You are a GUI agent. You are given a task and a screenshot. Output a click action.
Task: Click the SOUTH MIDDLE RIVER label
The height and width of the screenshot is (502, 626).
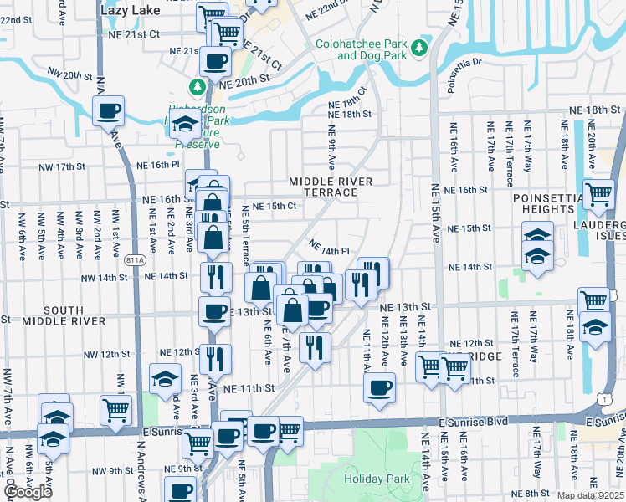(53, 314)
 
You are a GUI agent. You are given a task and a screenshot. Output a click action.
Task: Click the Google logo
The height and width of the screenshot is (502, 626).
(28, 492)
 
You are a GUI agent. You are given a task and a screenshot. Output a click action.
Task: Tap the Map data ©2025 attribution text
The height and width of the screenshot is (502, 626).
(590, 495)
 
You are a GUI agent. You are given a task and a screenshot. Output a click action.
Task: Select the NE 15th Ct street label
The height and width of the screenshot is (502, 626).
(275, 206)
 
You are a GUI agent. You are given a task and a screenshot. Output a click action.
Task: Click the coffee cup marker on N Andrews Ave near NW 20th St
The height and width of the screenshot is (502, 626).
(108, 110)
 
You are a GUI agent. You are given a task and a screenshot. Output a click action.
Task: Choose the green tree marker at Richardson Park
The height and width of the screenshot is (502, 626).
(197, 86)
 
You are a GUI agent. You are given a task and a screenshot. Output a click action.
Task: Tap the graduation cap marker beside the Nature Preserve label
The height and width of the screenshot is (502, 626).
(184, 125)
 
